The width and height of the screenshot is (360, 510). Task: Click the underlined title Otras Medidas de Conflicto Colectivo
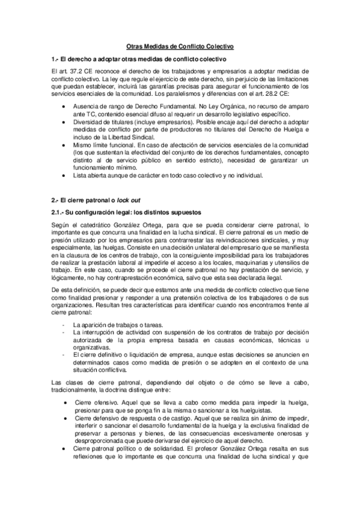click(180, 46)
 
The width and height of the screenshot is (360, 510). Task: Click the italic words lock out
click(128, 199)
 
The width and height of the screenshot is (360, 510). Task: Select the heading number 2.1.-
click(60, 212)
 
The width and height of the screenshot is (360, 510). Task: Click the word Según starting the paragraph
click(61, 224)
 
